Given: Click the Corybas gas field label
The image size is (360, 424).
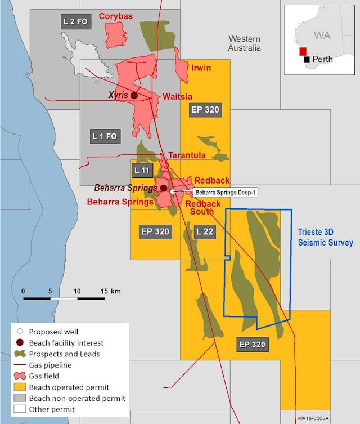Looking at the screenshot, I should [116, 16].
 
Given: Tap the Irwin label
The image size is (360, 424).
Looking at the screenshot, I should [201, 68].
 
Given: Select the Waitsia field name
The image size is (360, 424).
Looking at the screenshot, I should [177, 96].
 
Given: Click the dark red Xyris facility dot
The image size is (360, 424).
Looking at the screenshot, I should [134, 96].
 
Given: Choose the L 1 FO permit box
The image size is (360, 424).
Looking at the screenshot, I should [104, 136].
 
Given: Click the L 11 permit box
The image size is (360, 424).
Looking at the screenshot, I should [141, 169].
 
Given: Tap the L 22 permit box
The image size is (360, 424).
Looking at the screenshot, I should [205, 231].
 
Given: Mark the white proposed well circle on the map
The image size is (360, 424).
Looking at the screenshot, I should [173, 192].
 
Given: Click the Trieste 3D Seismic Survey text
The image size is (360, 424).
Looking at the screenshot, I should [325, 237].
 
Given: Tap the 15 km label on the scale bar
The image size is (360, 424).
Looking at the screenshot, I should [111, 291].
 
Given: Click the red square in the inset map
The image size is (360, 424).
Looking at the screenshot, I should [303, 51].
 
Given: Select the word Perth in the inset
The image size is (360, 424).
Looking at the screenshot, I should [322, 59].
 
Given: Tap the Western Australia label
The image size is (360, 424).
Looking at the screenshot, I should [244, 43].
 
